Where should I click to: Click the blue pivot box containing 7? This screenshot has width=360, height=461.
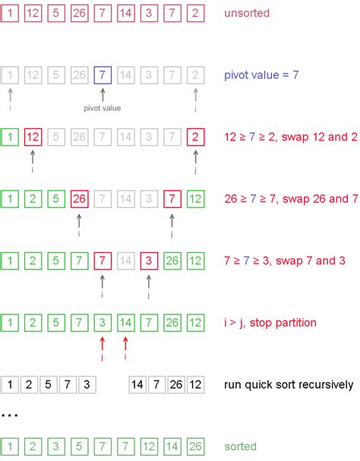(x=103, y=75)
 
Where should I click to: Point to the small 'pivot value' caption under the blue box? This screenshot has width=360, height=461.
(x=103, y=108)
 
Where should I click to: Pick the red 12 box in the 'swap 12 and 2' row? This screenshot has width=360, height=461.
(x=33, y=137)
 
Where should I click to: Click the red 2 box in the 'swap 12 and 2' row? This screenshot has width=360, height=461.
(x=196, y=137)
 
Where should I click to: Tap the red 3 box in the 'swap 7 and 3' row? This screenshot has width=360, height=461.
(x=150, y=260)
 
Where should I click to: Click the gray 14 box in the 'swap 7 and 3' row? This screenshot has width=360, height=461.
(x=126, y=260)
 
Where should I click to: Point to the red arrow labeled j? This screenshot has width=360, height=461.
(x=103, y=343)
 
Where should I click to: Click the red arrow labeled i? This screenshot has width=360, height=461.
(x=126, y=343)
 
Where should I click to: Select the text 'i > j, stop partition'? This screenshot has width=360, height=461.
(x=270, y=322)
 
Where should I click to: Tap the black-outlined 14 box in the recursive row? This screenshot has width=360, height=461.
(x=138, y=384)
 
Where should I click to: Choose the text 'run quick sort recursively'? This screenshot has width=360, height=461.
(x=289, y=384)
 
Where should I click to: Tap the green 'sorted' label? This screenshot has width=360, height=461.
(x=241, y=446)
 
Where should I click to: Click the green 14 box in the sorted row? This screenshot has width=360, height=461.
(x=172, y=446)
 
